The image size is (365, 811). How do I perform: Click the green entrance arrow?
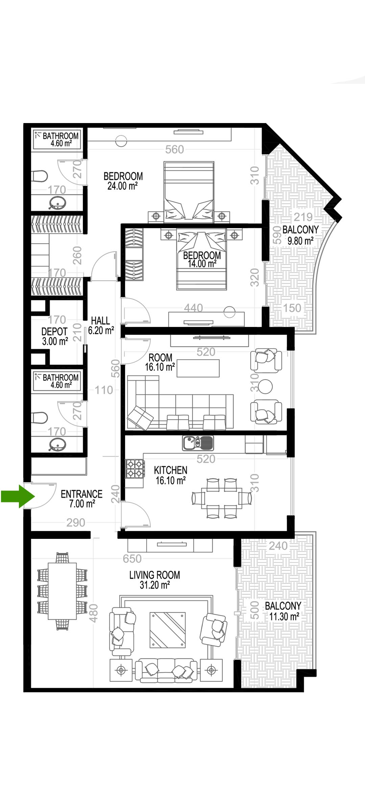(18, 496)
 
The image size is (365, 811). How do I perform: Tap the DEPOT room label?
(54, 332)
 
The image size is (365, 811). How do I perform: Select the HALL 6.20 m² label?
(101, 326)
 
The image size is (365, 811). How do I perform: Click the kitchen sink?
(198, 443)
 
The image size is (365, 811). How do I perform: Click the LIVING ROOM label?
(154, 575)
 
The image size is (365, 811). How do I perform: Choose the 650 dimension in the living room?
(132, 558)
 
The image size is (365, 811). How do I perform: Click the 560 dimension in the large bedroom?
(174, 149)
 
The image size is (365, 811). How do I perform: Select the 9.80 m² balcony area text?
(300, 241)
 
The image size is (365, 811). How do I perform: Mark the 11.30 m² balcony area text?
(284, 617)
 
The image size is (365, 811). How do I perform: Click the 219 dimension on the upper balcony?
(303, 217)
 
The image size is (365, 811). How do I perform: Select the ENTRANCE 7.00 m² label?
(81, 499)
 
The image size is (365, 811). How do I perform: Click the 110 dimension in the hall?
(104, 390)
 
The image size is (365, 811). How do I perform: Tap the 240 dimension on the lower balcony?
(278, 546)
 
